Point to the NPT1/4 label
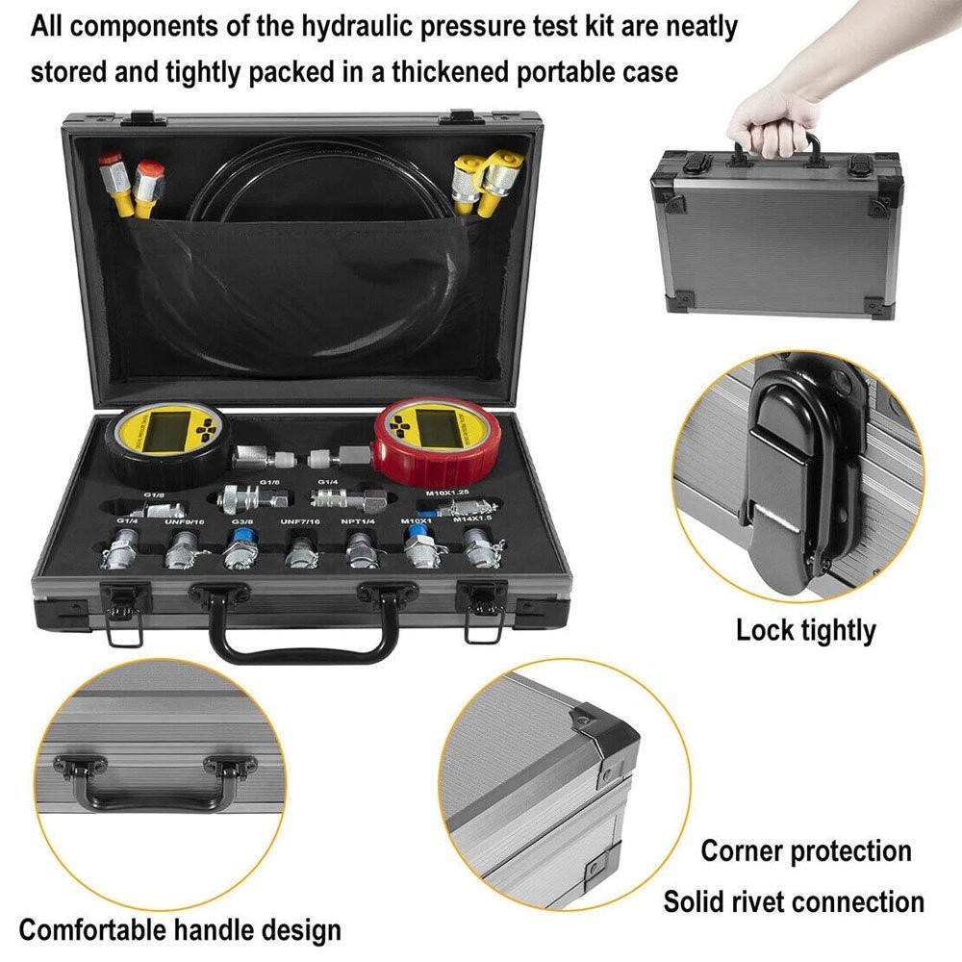pos(358,521)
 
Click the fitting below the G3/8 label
pos(238,552)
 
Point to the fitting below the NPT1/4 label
pos(360,551)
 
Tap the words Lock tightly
pos(806,631)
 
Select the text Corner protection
pos(805,850)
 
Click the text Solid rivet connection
pos(794,901)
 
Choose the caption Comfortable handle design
pos(180,930)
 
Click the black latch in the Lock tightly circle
pos(789,481)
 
